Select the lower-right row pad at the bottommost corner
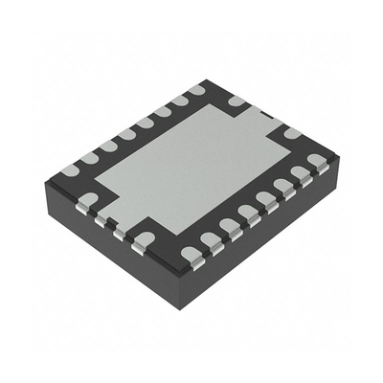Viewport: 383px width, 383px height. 191,254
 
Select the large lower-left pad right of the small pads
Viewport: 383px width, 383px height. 145,237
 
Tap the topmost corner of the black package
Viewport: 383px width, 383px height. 205,81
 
